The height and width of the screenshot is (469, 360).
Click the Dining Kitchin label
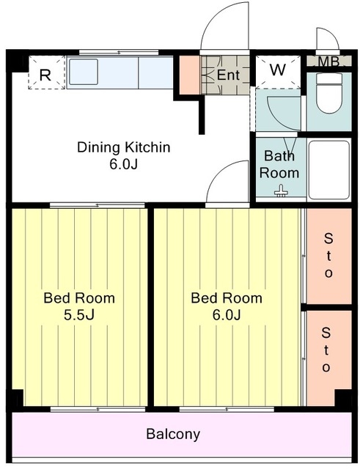click(124, 147)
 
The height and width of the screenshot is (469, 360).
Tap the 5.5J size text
click(79, 315)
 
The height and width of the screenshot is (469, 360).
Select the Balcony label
click(173, 434)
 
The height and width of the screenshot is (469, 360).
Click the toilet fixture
click(329, 93)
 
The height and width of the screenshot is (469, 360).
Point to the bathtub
click(329, 171)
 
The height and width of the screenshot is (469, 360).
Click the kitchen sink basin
click(84, 72)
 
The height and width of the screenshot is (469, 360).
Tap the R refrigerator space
click(46, 73)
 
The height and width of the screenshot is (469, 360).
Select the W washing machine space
click(278, 72)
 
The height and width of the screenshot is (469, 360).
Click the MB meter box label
click(328, 62)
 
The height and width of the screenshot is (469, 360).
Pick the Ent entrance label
click(228, 75)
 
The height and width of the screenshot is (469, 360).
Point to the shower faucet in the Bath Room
click(281, 191)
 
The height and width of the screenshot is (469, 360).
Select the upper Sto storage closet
click(329, 256)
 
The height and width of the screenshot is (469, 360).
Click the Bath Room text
click(279, 164)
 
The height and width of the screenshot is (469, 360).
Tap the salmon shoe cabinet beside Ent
click(189, 75)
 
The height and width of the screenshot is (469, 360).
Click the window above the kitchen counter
click(119, 53)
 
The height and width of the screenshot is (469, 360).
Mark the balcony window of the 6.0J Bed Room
click(227, 409)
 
